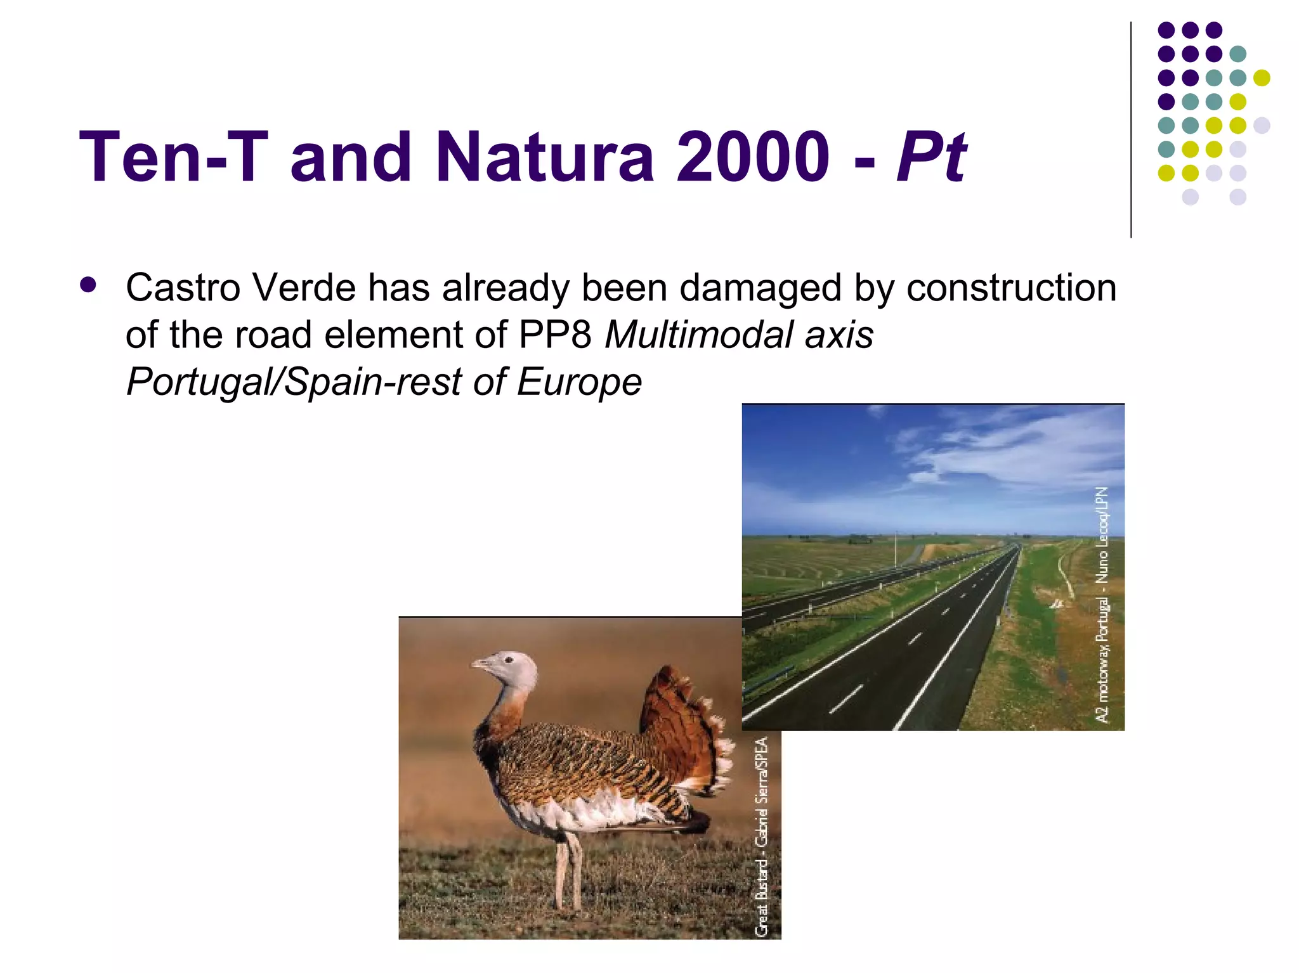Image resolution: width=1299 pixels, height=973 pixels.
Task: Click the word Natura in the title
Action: pyautogui.click(x=545, y=157)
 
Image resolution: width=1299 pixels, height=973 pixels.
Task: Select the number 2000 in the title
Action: pyautogui.click(x=753, y=157)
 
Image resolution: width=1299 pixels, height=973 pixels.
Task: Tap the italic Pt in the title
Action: pyautogui.click(x=930, y=157)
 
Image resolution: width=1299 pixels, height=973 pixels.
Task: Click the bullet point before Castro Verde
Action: pyautogui.click(x=88, y=285)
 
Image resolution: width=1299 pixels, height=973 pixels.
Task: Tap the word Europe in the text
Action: pyautogui.click(x=579, y=382)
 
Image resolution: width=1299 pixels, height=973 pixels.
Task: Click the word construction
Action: pyautogui.click(x=1011, y=288)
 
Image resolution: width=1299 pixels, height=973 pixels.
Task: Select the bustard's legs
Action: pyautogui.click(x=568, y=872)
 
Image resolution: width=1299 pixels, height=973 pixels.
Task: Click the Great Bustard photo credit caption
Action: pyautogui.click(x=762, y=837)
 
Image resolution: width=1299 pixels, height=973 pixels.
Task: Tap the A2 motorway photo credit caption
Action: pyautogui.click(x=1103, y=605)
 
